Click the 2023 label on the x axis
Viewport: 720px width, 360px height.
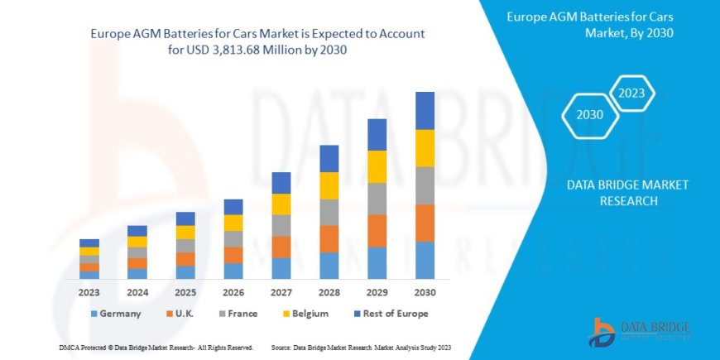(x=89, y=292)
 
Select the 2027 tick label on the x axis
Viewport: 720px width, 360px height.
(x=281, y=292)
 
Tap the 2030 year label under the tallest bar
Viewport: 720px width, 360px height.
(x=425, y=292)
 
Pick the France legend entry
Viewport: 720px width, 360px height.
(x=238, y=314)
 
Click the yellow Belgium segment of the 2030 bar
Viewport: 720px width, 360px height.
(x=425, y=148)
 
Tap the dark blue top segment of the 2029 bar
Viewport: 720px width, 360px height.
(x=377, y=134)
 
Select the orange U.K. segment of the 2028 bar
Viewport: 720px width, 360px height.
(x=329, y=238)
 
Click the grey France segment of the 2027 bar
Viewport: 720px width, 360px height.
(x=281, y=225)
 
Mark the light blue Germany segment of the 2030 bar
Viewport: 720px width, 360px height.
(x=425, y=260)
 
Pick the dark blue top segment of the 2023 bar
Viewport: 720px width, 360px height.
(x=89, y=242)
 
